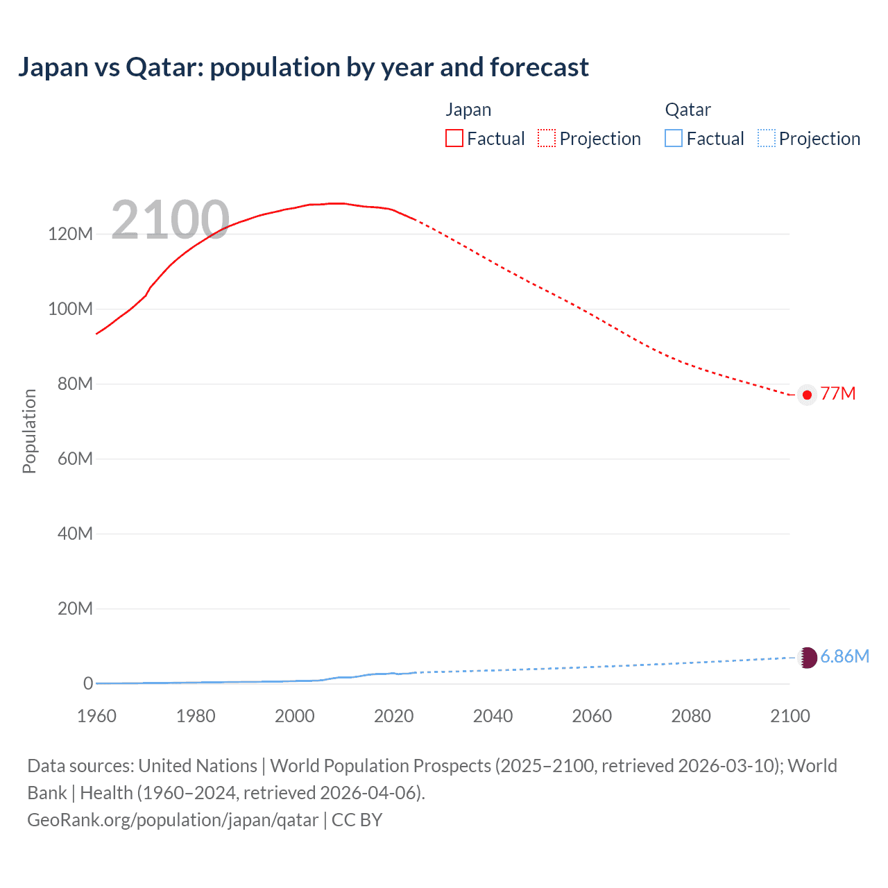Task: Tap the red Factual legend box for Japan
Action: point(454,139)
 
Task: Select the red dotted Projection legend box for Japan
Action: point(547,139)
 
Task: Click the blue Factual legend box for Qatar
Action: point(673,139)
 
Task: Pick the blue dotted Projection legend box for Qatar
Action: point(767,139)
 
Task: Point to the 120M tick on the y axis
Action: point(70,234)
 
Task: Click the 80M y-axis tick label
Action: point(74,384)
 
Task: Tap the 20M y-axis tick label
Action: point(74,608)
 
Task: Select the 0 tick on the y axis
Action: point(87,683)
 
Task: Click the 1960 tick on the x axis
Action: point(96,716)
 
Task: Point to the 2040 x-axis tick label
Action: point(493,716)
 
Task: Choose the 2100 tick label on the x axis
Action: point(789,716)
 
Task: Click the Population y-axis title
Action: point(29,431)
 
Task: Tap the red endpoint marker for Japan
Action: point(807,395)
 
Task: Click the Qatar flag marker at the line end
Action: point(807,657)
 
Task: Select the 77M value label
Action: point(837,394)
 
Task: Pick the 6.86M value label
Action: point(844,656)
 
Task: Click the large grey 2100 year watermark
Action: point(170,220)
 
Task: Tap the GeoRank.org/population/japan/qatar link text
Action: point(173,820)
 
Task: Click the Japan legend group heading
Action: point(468,110)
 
